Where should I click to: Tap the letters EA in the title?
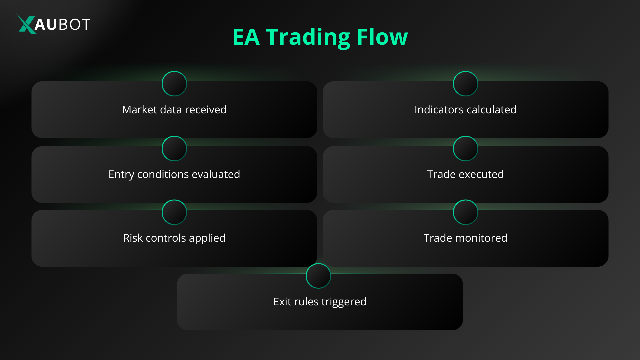click(x=246, y=37)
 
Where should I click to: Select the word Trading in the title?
click(x=308, y=37)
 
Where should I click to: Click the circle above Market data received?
click(x=174, y=84)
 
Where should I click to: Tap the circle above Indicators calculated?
click(x=465, y=84)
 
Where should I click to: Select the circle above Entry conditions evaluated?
click(x=174, y=148)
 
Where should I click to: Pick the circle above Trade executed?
click(x=465, y=148)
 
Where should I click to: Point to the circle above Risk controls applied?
click(x=174, y=212)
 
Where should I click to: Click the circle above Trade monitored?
click(x=465, y=212)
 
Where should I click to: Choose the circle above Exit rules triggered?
click(x=318, y=276)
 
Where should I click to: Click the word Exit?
click(x=282, y=302)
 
